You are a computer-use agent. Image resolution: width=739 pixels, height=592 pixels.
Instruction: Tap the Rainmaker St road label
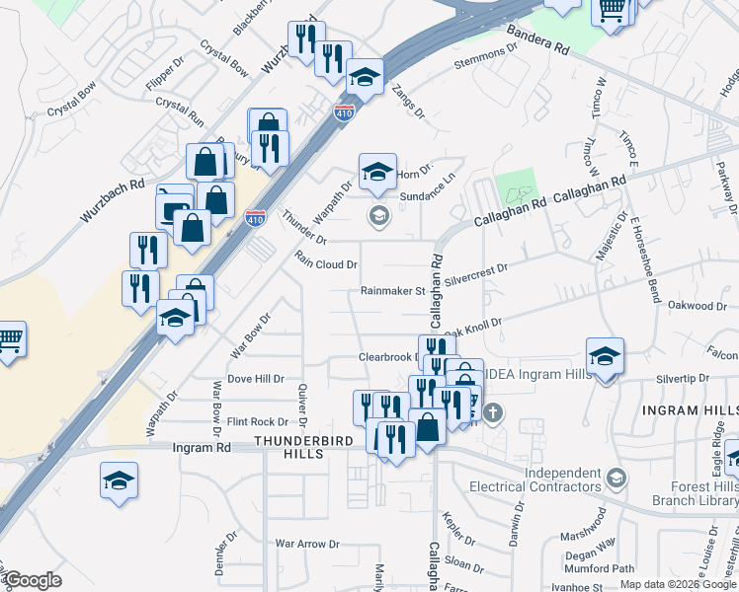pyautogui.click(x=391, y=291)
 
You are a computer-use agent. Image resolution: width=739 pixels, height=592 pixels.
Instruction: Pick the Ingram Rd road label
pyautogui.click(x=201, y=447)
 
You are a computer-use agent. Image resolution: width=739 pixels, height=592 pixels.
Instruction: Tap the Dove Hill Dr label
pyautogui.click(x=255, y=378)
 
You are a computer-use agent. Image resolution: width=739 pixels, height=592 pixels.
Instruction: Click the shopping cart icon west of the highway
pyautogui.click(x=8, y=339)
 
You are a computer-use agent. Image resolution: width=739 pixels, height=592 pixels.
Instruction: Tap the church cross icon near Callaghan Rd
pyautogui.click(x=492, y=412)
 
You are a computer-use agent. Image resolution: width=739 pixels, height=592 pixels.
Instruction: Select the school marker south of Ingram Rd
pyautogui.click(x=120, y=481)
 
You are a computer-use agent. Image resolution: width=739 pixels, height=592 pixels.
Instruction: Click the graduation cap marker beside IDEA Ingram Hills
pyautogui.click(x=605, y=355)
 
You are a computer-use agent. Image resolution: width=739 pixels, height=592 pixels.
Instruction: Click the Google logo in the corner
pyautogui.click(x=34, y=580)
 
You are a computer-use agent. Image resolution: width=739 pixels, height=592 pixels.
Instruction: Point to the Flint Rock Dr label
pyautogui.click(x=257, y=421)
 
